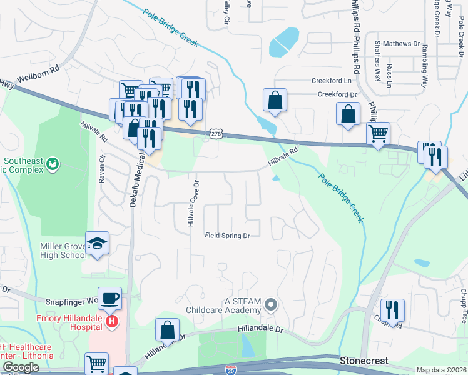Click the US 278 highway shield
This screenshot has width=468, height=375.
216,134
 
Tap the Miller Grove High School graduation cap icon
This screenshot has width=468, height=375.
97,242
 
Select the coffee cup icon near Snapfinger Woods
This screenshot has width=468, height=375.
110,297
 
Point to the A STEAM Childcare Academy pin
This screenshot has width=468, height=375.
270,305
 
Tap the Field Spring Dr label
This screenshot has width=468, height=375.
228,236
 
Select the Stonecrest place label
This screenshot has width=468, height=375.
364,361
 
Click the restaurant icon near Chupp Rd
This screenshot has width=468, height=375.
392,309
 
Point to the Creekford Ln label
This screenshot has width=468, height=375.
331,81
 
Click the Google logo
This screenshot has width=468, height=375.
20,368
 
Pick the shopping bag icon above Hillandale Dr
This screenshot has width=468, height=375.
167,329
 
